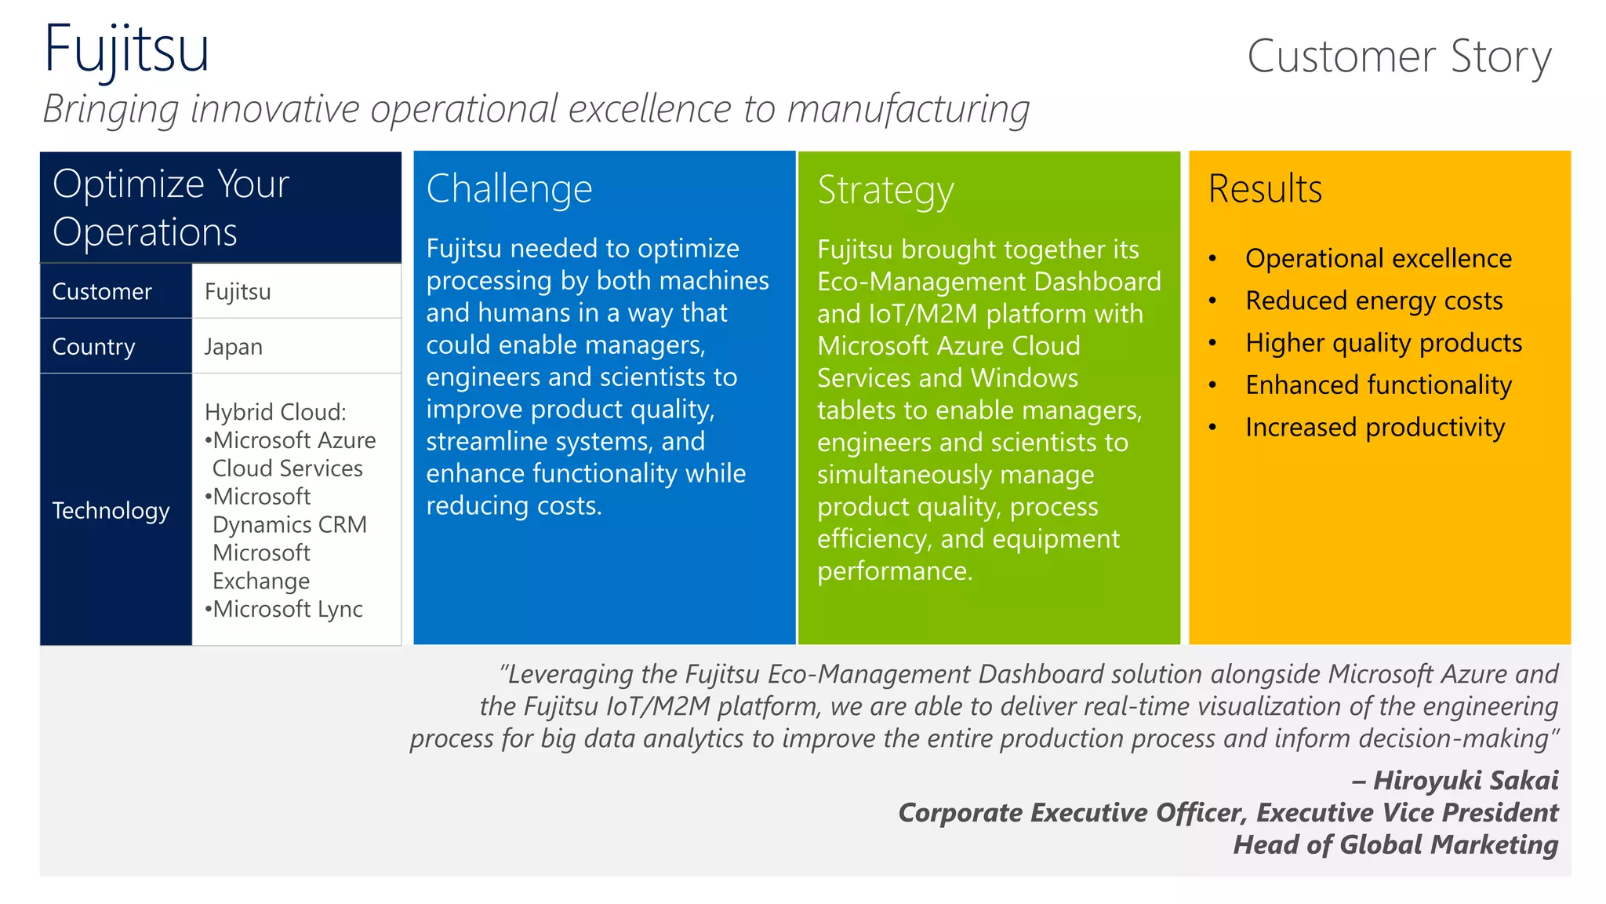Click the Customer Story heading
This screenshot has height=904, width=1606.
[x=1399, y=56]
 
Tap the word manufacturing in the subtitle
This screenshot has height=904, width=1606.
[x=908, y=109]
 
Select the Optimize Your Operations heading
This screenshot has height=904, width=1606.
[x=171, y=207]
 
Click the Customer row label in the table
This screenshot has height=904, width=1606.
[x=102, y=292]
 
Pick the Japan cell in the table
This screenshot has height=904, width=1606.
[x=234, y=347]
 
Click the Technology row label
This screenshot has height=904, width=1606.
[x=111, y=511]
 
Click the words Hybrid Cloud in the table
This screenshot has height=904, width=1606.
[x=274, y=412]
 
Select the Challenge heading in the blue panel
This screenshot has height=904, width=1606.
[x=509, y=189]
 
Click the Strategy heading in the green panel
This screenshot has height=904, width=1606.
[x=885, y=191]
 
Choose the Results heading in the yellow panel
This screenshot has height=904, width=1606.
[x=1265, y=189]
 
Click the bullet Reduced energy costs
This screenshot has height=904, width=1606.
[x=1374, y=301]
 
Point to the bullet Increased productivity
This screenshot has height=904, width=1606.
[x=1375, y=428]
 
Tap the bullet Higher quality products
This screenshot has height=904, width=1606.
[x=1383, y=343]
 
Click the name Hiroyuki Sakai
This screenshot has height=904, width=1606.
[x=1465, y=781]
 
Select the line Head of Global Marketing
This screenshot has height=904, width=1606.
[x=1395, y=845]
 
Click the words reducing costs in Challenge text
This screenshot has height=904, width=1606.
[x=514, y=506]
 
